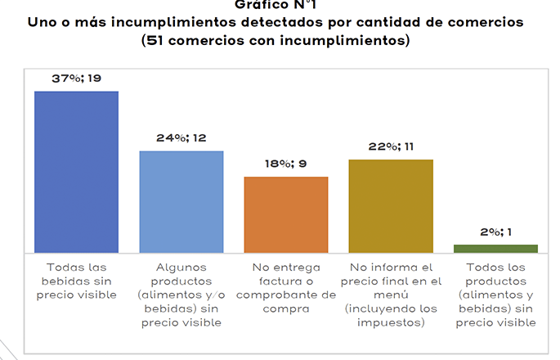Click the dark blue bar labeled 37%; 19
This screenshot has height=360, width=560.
tap(76, 172)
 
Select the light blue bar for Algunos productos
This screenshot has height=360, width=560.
tap(181, 201)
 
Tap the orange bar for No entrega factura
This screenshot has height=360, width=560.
tap(286, 214)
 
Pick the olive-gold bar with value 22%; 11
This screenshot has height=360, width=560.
tap(391, 205)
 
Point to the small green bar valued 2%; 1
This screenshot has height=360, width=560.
tap(495, 248)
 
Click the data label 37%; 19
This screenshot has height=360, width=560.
tap(76, 78)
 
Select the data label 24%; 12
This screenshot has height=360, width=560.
tap(181, 137)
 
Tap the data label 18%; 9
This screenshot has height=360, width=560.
tap(286, 164)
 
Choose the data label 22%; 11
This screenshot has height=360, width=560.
tap(391, 146)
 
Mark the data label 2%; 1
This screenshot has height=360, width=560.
tap(495, 232)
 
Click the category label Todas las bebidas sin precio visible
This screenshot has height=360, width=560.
tap(76, 281)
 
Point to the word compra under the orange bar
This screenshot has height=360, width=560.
tap(286, 308)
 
